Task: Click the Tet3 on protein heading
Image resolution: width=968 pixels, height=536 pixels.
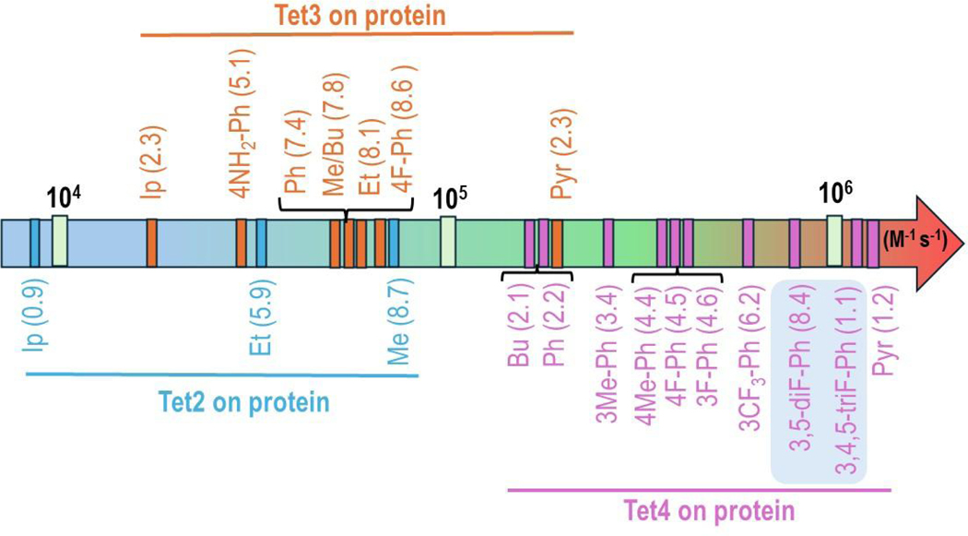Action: tap(357, 16)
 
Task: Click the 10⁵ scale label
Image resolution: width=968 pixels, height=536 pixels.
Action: tap(447, 197)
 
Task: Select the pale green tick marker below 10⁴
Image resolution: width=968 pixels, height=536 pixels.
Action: tap(60, 241)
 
